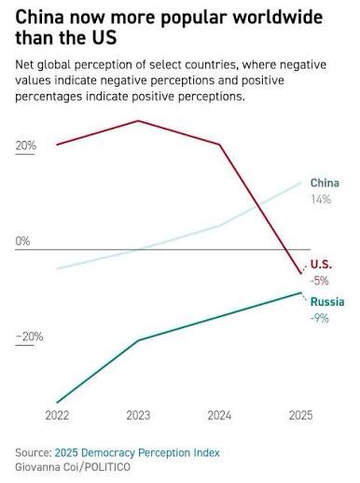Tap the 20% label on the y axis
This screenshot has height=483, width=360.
point(25,146)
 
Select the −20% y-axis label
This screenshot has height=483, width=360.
point(27,337)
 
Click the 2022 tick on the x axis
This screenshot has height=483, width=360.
point(57,415)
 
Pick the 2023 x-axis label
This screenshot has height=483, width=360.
point(138,415)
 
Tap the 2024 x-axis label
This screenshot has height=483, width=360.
point(219,415)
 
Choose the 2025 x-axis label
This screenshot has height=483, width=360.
point(300,415)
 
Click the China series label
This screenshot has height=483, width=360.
point(324,183)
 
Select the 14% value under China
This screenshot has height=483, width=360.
point(321,200)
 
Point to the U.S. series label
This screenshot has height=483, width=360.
point(321,264)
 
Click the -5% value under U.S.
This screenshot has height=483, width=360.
point(319,281)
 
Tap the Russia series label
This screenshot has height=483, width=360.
point(326,302)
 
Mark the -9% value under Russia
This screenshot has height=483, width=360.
point(319,319)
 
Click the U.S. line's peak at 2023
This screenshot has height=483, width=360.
point(138,120)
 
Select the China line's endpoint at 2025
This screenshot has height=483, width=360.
point(300,182)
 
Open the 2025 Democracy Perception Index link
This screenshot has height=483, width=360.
point(137,452)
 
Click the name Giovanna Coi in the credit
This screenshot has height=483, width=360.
point(47,466)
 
